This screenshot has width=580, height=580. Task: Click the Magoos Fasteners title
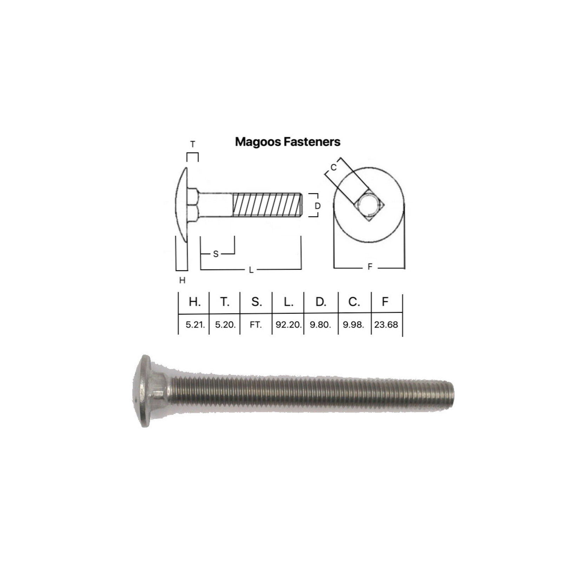point(288,142)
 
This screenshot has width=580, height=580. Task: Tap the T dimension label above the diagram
point(192,144)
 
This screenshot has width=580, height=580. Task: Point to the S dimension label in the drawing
point(216,254)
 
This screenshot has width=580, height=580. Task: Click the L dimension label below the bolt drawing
point(251,270)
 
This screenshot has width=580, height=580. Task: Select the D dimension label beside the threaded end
point(317,206)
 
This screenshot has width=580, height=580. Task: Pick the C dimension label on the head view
point(334,167)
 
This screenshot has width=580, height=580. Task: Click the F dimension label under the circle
point(370,267)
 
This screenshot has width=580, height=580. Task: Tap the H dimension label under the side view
point(182,280)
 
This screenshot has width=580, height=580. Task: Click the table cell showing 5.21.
point(195,325)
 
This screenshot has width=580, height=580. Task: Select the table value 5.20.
point(225,325)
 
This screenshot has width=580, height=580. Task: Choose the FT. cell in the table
point(256,325)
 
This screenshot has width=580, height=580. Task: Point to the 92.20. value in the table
point(288,325)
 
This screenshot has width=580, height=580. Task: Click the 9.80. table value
point(320,325)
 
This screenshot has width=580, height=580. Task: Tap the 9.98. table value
point(353,325)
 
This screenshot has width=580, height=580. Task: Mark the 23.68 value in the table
point(386,325)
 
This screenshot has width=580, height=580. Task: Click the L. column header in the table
point(288,302)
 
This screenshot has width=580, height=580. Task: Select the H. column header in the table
point(195,302)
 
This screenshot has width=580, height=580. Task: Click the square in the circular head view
point(368,206)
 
